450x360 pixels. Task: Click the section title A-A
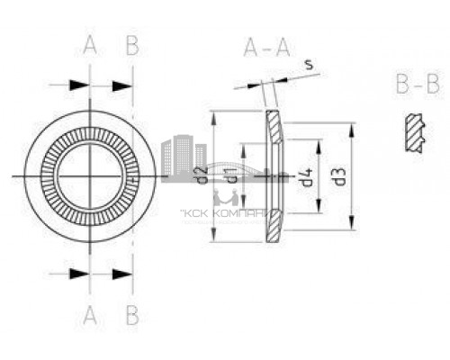tap(267, 49)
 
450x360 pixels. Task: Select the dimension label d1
tap(232, 176)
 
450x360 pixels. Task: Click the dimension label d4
tap(306, 176)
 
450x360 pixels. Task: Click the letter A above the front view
tap(90, 47)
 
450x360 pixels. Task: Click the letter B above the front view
tap(131, 47)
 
